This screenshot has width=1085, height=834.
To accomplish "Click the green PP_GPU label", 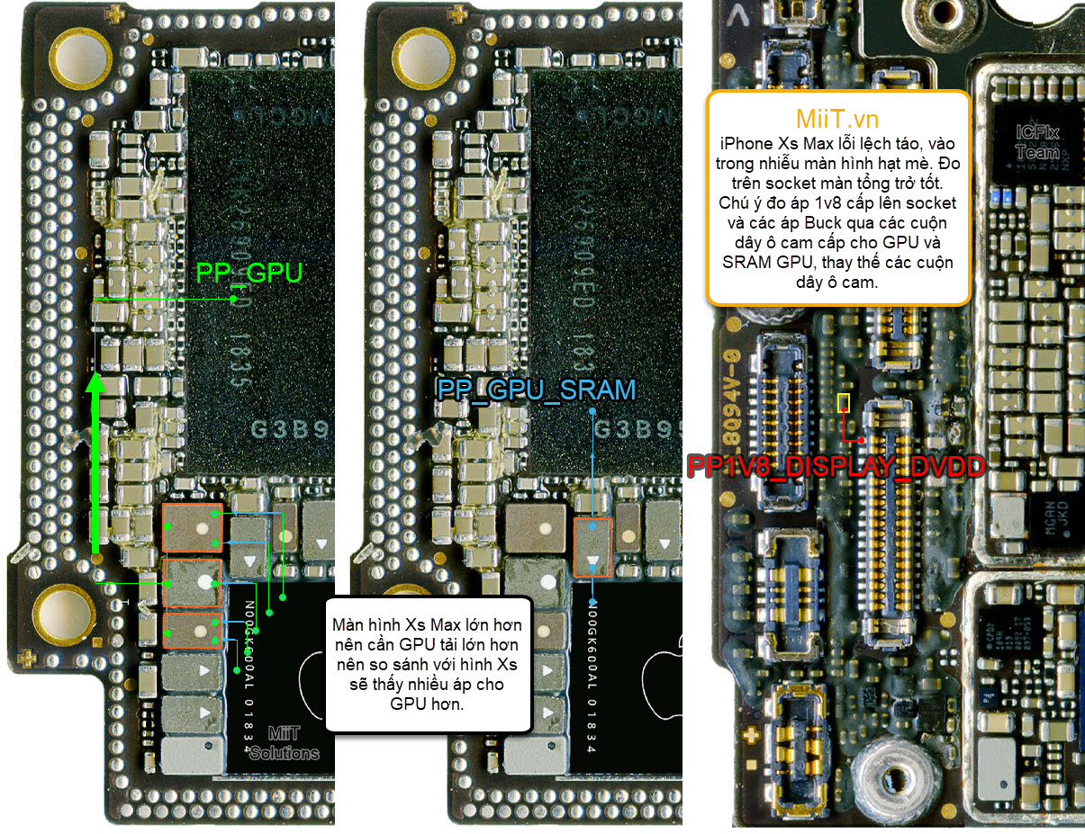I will pos(249,274).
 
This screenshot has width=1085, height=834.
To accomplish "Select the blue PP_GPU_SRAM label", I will pos(537,390).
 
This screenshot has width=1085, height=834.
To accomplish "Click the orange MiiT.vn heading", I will pos(837,119).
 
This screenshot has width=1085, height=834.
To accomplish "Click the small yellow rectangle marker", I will pos(844,402).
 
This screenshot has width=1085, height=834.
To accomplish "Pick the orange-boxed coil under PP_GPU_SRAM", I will pos(592,547).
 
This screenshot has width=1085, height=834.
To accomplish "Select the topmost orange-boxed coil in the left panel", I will pos(192,528).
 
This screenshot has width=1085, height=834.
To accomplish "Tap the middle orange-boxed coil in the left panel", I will pos(192,582).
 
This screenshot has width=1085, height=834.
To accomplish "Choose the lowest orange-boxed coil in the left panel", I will pos(192,632).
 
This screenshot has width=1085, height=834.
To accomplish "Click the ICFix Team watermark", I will pos(1037,143).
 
